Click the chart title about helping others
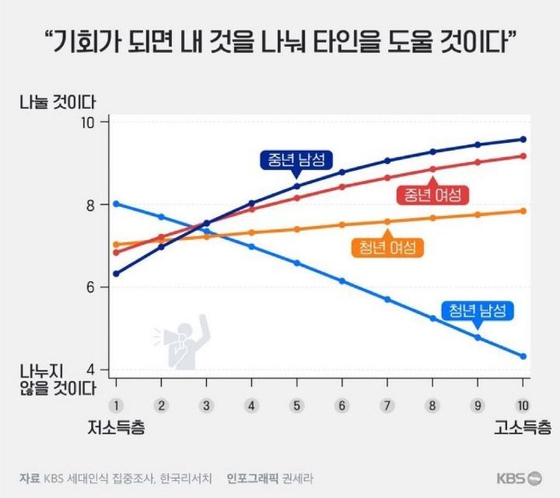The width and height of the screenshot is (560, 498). (x=280, y=44)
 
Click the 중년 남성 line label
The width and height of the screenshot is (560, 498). (x=296, y=160)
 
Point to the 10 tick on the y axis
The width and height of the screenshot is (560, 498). (x=87, y=123)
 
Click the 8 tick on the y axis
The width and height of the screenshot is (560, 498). (x=89, y=205)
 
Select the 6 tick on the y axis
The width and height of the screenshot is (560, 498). (x=89, y=287)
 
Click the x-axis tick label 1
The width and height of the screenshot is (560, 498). (x=116, y=405)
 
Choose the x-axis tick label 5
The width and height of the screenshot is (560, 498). (x=296, y=405)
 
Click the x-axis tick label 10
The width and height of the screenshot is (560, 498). (x=522, y=405)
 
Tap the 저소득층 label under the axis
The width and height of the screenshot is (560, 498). (x=116, y=427)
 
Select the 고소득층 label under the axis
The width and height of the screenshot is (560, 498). (x=522, y=427)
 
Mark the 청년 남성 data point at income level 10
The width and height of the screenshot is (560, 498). (x=523, y=356)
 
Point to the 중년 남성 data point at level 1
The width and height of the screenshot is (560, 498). (x=116, y=273)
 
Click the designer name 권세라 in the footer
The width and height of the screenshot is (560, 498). (x=298, y=478)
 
